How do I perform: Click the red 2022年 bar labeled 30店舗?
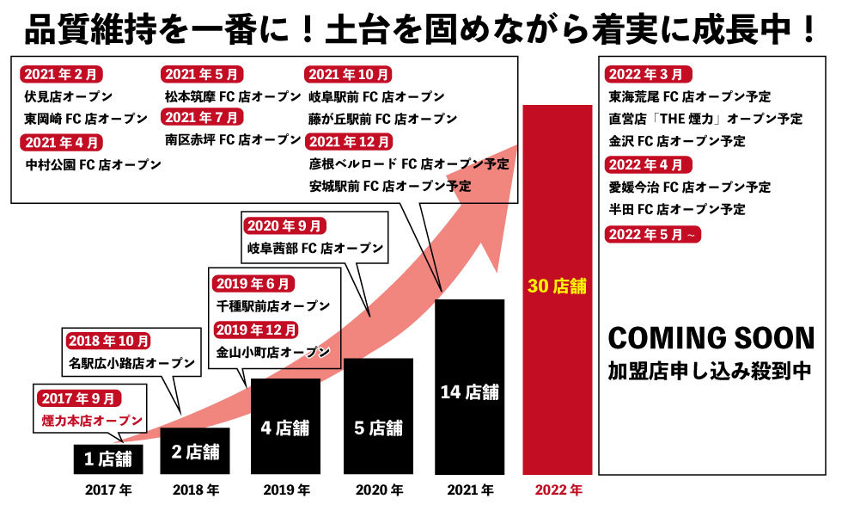[x=557, y=289]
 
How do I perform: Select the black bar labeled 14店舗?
[x=469, y=387]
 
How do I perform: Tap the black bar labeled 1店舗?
[x=107, y=459]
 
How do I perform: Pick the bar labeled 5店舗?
[x=378, y=416]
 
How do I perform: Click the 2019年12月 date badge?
[x=256, y=329]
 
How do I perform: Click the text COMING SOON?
[x=711, y=337]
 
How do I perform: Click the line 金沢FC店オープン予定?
[x=677, y=141]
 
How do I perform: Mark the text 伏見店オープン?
[x=70, y=96]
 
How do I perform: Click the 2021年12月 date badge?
[x=349, y=141]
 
